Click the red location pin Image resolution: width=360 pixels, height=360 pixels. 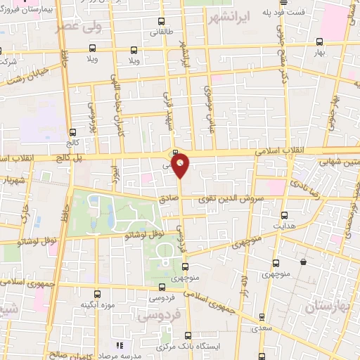tap(181, 165)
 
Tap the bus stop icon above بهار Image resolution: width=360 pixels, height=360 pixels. tap(320, 41)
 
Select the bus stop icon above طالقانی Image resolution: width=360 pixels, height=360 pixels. tap(162, 21)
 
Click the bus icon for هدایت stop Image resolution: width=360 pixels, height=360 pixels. tap(284, 215)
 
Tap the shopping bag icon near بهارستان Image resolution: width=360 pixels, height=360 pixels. tap(303, 262)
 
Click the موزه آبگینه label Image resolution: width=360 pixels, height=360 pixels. tap(98, 304)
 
